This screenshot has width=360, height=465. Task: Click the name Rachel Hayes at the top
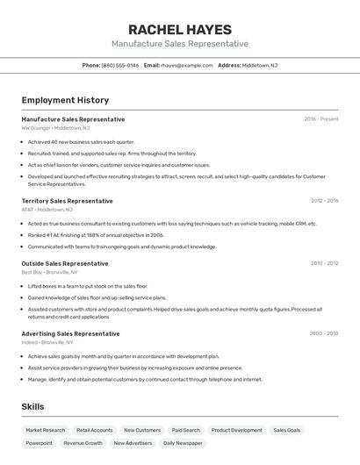click(179, 29)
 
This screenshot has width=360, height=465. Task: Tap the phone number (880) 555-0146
click(120, 65)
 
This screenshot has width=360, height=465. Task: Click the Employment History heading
click(65, 100)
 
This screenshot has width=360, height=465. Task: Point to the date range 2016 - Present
click(320, 119)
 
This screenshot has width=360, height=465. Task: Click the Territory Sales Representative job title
click(67, 201)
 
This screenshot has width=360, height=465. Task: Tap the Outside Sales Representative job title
click(65, 263)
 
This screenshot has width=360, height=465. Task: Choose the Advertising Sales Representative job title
click(70, 333)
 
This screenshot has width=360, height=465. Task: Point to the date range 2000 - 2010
click(323, 333)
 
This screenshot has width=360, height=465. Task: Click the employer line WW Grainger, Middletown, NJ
click(55, 128)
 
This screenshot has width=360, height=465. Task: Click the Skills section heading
click(32, 406)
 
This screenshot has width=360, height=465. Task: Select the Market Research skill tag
click(45, 430)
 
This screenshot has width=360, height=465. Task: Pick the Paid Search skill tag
click(185, 430)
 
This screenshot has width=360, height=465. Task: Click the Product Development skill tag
click(236, 430)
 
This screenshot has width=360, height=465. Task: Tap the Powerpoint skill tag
click(39, 443)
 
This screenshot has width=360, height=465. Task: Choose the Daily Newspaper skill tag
click(182, 443)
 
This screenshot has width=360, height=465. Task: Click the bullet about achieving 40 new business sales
click(81, 141)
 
